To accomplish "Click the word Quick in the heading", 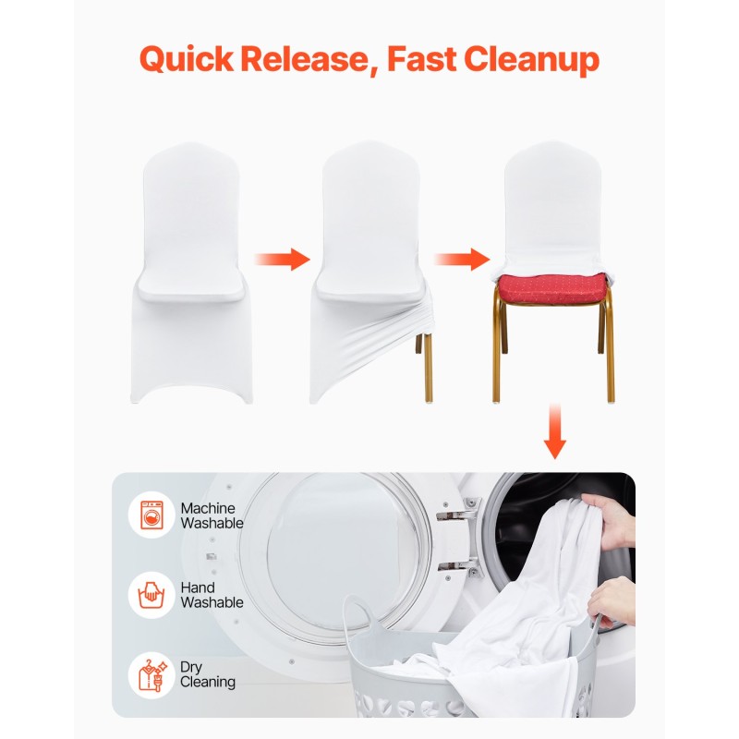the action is (x=187, y=59).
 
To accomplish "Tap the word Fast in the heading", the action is (x=421, y=58).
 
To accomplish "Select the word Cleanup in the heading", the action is (x=532, y=60).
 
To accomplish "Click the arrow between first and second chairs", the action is (x=282, y=259).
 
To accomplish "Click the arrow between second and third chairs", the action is (x=461, y=259).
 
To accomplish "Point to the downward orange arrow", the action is (x=555, y=430).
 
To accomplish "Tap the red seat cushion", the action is (x=551, y=288).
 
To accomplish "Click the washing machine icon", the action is (x=151, y=515).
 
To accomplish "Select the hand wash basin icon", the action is (x=151, y=595).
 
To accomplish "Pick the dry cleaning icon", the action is (x=152, y=675).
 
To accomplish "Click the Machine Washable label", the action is (x=212, y=515).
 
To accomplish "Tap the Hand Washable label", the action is (x=212, y=595).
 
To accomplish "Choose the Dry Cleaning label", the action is (x=207, y=674).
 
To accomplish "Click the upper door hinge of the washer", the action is (x=459, y=510).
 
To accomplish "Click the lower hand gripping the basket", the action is (x=612, y=602).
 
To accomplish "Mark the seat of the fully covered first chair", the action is (x=191, y=286).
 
